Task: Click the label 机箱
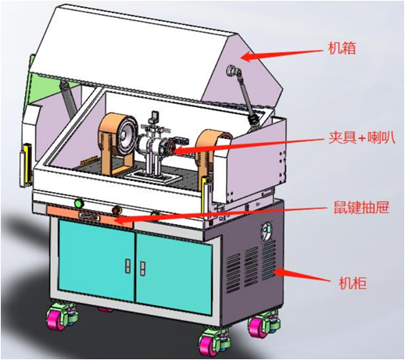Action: (x=342, y=48)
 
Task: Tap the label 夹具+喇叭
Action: (x=362, y=138)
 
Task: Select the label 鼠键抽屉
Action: (x=361, y=208)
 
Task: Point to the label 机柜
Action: (x=353, y=283)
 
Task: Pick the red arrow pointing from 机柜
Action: (x=301, y=276)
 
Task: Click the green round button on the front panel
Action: (x=78, y=203)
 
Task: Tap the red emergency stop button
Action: (x=116, y=210)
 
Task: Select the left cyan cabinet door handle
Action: (x=127, y=266)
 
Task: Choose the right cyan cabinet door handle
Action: (x=142, y=268)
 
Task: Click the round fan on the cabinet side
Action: (x=267, y=230)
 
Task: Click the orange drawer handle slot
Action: (x=89, y=216)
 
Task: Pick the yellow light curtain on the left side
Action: (x=27, y=165)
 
